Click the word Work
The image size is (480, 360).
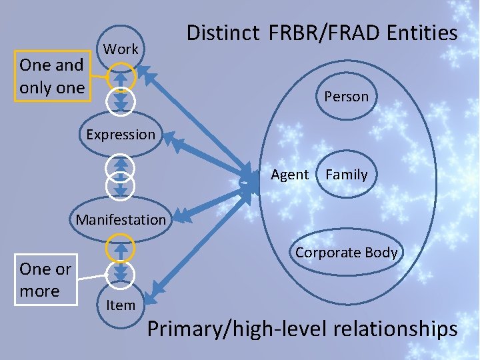[x=121, y=49]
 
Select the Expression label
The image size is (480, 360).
[x=121, y=134]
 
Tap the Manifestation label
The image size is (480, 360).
[x=121, y=219]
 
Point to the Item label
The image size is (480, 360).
[x=121, y=305]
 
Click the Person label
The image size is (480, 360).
[x=346, y=97]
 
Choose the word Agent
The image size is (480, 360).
[x=289, y=175]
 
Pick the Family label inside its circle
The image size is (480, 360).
[x=346, y=175]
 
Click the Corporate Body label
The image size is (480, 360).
[x=346, y=253]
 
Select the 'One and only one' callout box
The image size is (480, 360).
[x=53, y=77]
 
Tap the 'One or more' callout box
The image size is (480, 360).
[x=45, y=280]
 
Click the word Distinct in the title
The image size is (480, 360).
[x=223, y=33]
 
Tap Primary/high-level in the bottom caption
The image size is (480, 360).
[x=223, y=329]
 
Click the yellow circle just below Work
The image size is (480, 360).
[x=121, y=75]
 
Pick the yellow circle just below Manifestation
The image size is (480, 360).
[x=121, y=249]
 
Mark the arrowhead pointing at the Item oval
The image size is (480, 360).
[x=157, y=291]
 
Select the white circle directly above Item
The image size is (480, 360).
[x=121, y=273]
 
